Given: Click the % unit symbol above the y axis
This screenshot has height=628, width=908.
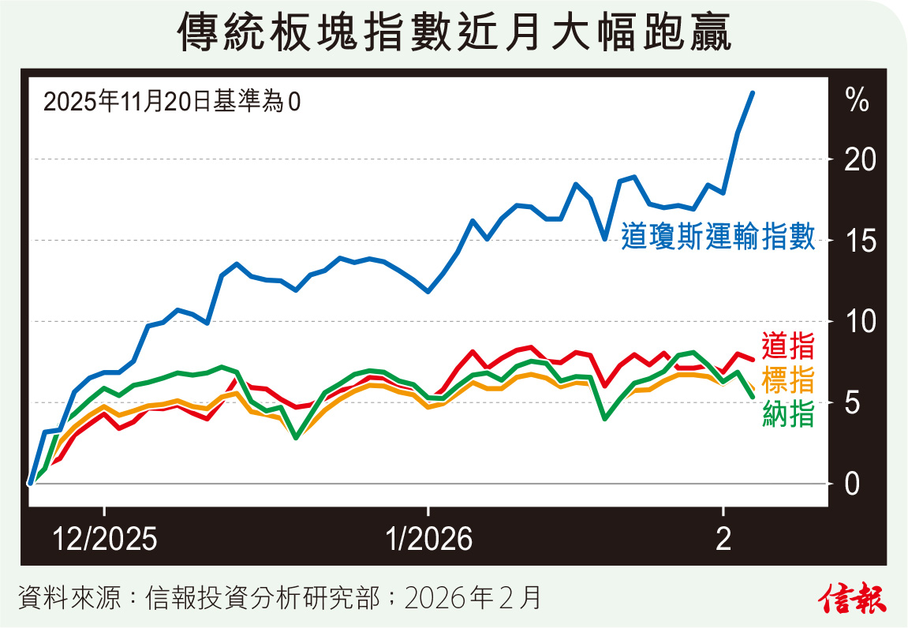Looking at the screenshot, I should (x=857, y=100).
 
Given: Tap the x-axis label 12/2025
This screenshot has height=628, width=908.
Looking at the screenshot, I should (x=105, y=540).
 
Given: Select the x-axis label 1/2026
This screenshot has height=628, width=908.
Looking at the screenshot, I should (x=428, y=540).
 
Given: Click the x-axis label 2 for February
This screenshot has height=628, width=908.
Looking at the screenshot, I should (x=723, y=540).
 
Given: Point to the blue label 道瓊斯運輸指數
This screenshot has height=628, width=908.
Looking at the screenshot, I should (x=717, y=237).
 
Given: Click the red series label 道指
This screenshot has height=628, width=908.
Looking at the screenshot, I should (x=788, y=346).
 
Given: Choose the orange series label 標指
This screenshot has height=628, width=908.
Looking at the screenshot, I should (x=788, y=380).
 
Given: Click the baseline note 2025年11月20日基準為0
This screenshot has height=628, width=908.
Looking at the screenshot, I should (x=172, y=103).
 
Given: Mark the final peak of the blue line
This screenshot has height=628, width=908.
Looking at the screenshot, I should (x=753, y=93).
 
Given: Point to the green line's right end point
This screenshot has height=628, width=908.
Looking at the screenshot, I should (x=753, y=396).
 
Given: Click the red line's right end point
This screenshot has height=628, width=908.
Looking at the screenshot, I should (x=753, y=360).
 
